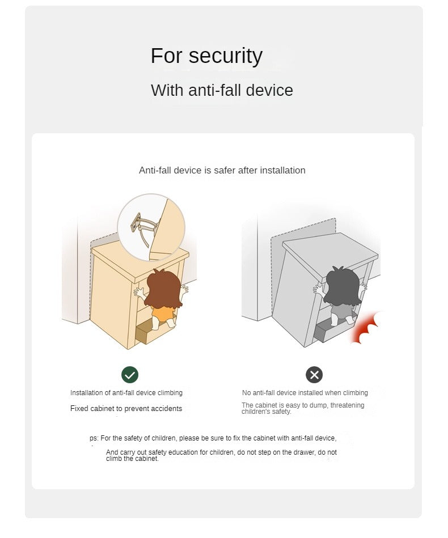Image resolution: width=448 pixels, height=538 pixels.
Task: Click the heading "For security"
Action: [x=206, y=56]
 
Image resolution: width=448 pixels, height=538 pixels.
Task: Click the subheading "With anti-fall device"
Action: [x=222, y=90]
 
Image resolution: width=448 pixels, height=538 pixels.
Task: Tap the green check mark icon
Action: [x=130, y=375]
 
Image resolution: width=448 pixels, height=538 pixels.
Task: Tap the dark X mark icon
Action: [x=314, y=374]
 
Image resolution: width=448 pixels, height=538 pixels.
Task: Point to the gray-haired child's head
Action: [x=342, y=287]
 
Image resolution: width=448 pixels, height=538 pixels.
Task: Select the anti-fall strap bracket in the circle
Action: [x=143, y=227]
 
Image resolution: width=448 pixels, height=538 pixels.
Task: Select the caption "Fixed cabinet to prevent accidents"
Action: [x=126, y=409]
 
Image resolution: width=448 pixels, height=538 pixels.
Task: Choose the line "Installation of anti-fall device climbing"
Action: [x=126, y=393]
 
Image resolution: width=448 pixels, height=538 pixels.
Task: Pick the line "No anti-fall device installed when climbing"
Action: [x=305, y=393]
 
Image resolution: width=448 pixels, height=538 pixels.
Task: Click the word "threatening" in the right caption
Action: [x=347, y=405]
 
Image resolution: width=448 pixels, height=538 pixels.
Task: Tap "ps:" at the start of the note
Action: [x=94, y=438]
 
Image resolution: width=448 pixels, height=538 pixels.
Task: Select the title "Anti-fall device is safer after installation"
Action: [x=222, y=171]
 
